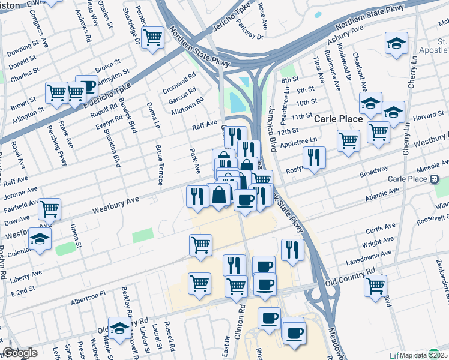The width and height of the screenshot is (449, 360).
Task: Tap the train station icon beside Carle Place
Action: (434, 179)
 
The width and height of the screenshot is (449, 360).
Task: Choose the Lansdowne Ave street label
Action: (374, 259)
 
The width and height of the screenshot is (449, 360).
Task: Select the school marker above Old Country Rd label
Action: (120, 326)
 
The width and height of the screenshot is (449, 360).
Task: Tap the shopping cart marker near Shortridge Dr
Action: (153, 37)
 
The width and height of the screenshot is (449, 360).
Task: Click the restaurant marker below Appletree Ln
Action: (314, 157)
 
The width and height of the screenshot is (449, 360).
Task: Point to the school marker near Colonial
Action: (40, 238)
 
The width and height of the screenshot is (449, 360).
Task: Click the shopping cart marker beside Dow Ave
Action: (49, 209)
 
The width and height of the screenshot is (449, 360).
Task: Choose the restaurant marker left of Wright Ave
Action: (292, 250)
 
